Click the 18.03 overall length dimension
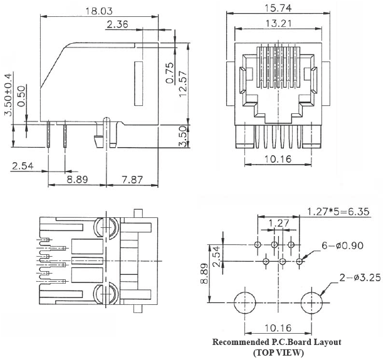pyautogui.click(x=101, y=10)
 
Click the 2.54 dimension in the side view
pyautogui.click(x=23, y=166)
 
